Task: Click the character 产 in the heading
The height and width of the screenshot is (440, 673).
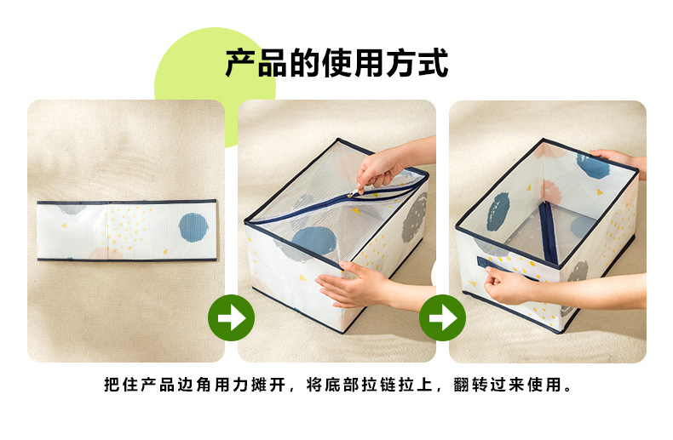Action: tap(241, 63)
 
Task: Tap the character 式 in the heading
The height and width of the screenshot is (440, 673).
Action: tap(434, 63)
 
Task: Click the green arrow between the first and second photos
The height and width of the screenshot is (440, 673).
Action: tap(232, 317)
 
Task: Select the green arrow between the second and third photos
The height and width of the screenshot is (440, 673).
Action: tap(442, 317)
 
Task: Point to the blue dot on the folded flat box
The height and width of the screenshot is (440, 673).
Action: tap(193, 227)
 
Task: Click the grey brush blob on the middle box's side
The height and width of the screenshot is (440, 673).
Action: tap(414, 217)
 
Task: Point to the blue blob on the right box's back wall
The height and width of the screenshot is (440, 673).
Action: tap(593, 166)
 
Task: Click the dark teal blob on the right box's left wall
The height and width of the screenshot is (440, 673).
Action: tap(498, 211)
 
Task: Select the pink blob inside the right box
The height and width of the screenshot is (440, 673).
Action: tap(551, 192)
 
